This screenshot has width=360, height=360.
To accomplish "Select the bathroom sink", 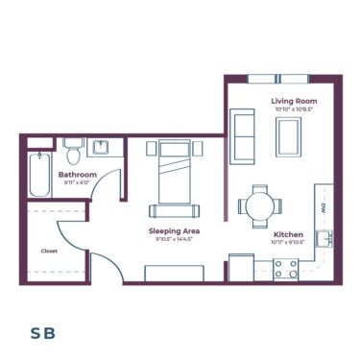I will click(x=101, y=148).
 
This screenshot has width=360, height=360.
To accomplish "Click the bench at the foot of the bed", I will click(x=174, y=211).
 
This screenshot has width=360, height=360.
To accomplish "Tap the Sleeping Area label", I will click(x=173, y=231).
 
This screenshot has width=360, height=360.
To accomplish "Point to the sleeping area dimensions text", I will click(x=173, y=240).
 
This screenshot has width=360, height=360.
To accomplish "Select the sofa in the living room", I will click(x=244, y=133).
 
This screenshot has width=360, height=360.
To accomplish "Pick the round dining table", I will click(x=259, y=204).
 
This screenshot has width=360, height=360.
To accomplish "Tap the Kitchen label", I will click(x=289, y=235).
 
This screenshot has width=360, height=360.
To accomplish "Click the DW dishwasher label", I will click(x=325, y=206).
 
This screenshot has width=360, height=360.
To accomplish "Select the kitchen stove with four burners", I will click(x=286, y=270).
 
